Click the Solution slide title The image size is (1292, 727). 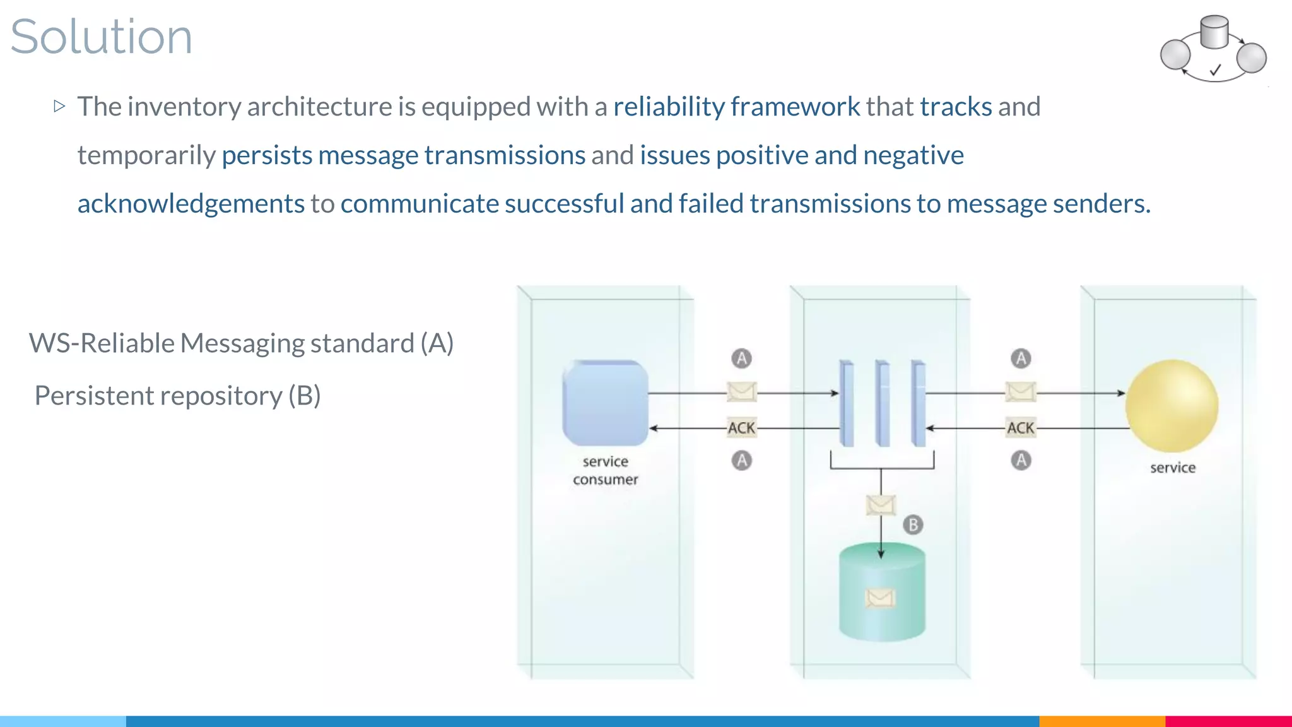[101, 37]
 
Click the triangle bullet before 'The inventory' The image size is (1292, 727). [60, 106]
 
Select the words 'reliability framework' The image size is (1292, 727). [736, 107]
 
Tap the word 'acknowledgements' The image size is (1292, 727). [191, 204]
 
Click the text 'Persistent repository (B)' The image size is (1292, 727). [177, 396]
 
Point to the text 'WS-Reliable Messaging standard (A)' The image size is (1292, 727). [241, 343]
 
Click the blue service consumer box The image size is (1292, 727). [605, 403]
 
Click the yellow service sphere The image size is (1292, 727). [1172, 406]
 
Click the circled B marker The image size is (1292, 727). [913, 524]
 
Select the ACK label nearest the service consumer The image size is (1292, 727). [741, 428]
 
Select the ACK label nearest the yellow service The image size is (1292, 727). [1020, 428]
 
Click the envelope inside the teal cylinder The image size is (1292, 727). [880, 598]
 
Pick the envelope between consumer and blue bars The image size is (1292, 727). [741, 392]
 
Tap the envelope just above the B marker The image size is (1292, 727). [881, 505]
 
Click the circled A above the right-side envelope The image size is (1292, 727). [1021, 358]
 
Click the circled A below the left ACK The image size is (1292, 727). [742, 460]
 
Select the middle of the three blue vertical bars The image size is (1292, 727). [883, 404]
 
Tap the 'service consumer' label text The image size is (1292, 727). [605, 470]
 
